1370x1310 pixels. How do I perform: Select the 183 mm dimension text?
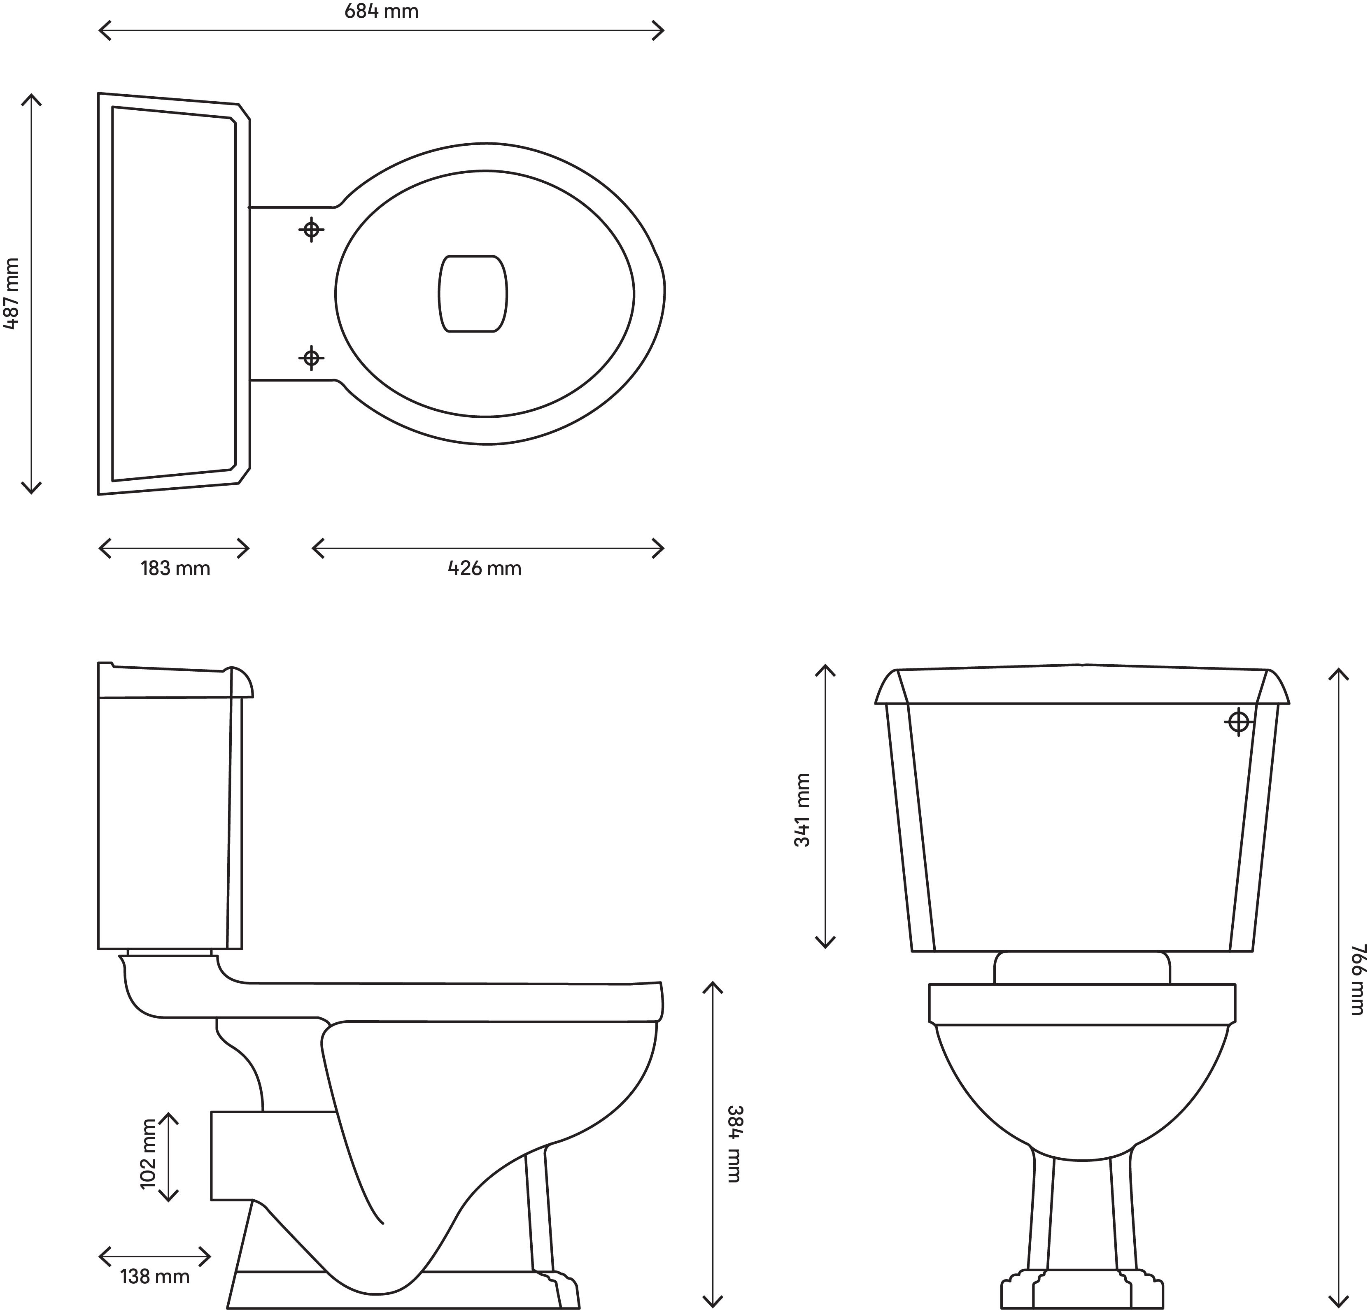[175, 568]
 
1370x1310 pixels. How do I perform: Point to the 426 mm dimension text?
[484, 568]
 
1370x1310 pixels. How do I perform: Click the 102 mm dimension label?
[149, 1154]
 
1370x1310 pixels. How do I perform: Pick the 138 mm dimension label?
[154, 1277]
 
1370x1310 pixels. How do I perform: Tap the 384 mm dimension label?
[734, 1144]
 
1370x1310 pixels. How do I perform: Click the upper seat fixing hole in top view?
[312, 229]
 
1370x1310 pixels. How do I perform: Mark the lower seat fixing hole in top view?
[312, 358]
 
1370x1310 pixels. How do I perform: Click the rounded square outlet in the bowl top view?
[473, 293]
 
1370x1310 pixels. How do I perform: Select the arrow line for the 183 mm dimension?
[174, 548]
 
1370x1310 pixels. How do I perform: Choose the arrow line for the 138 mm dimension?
[154, 1257]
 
